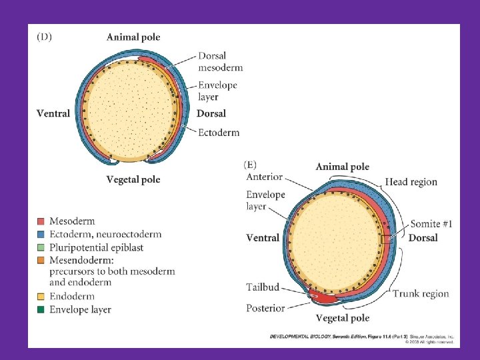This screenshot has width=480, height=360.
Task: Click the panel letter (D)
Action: [x=44, y=37]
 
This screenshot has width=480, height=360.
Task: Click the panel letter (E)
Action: [x=251, y=164]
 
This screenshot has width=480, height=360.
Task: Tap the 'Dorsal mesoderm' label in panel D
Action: [x=220, y=62]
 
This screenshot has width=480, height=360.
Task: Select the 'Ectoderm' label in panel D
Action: [x=219, y=132]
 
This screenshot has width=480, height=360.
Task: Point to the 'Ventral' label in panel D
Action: [x=53, y=113]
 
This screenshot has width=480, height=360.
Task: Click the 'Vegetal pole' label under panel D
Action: [x=133, y=179]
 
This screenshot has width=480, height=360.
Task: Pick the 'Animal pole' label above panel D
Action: [x=133, y=37]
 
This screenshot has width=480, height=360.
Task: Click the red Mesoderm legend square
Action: [x=41, y=221]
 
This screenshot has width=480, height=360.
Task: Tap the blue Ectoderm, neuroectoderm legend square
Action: [x=41, y=234]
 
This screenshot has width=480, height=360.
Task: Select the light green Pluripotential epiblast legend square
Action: [x=41, y=247]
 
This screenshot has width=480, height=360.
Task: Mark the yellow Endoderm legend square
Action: [x=41, y=297]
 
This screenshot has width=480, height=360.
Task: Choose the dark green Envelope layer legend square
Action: [x=41, y=309]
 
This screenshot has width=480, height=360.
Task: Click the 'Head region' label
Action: [x=411, y=182]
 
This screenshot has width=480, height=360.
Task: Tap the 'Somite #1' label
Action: [x=431, y=225]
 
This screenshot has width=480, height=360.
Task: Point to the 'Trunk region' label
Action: [x=421, y=293]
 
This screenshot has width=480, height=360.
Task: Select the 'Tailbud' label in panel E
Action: [x=263, y=288]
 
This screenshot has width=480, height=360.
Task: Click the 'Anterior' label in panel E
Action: [x=265, y=177]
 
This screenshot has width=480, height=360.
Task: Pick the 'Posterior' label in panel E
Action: [x=265, y=308]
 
